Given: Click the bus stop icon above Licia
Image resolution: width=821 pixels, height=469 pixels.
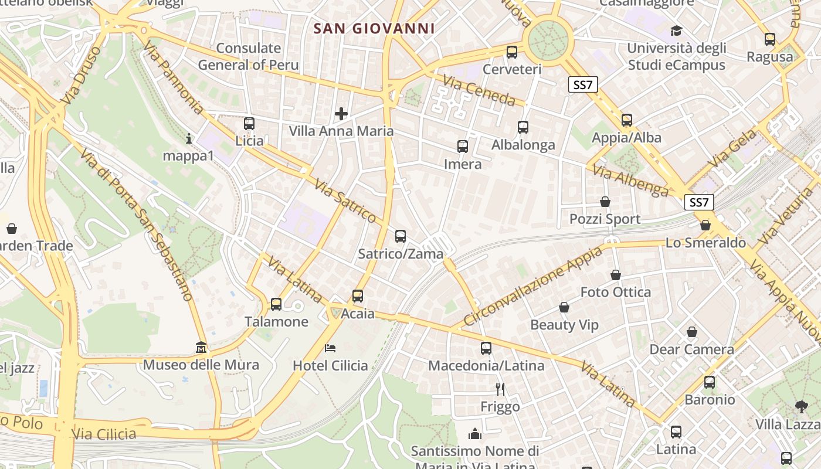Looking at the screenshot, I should point(249,124).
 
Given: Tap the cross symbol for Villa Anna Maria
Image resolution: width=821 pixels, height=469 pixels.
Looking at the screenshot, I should point(341,113).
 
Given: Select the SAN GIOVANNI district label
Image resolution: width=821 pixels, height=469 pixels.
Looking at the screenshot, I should point(374,28).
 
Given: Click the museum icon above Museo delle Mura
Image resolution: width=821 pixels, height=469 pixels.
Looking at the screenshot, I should point(201,348).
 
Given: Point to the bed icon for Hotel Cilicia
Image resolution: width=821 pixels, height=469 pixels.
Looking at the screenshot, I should point(330,348).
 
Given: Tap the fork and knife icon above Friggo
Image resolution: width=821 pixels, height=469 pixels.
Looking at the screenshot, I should point(500,389).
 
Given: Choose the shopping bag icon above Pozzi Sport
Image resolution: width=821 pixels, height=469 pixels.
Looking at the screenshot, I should point(605,202).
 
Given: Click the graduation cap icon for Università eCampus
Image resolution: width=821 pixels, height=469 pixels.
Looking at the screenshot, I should point(676,30).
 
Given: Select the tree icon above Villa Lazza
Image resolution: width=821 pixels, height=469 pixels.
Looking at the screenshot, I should point(801,406).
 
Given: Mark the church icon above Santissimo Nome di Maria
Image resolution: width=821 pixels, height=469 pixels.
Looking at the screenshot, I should point(474,434).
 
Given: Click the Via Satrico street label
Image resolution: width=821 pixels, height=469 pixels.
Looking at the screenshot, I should point(345,201).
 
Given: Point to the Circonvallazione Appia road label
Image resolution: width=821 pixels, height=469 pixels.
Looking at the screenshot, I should point(532,286).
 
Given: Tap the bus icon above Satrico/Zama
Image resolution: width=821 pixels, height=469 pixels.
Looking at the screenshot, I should point(401,236).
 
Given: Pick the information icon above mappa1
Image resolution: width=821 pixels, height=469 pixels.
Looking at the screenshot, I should point(189,139).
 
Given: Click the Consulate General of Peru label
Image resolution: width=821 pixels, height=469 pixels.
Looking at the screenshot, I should point(248,56).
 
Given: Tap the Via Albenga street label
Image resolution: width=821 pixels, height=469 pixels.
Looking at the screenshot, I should point(630,180).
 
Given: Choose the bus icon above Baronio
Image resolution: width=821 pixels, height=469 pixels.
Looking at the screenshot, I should point(710,382).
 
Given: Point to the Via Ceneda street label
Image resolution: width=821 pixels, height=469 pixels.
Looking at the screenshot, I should point(479,90).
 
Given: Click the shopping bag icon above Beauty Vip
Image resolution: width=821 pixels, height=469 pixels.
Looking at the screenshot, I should point(564,307).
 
